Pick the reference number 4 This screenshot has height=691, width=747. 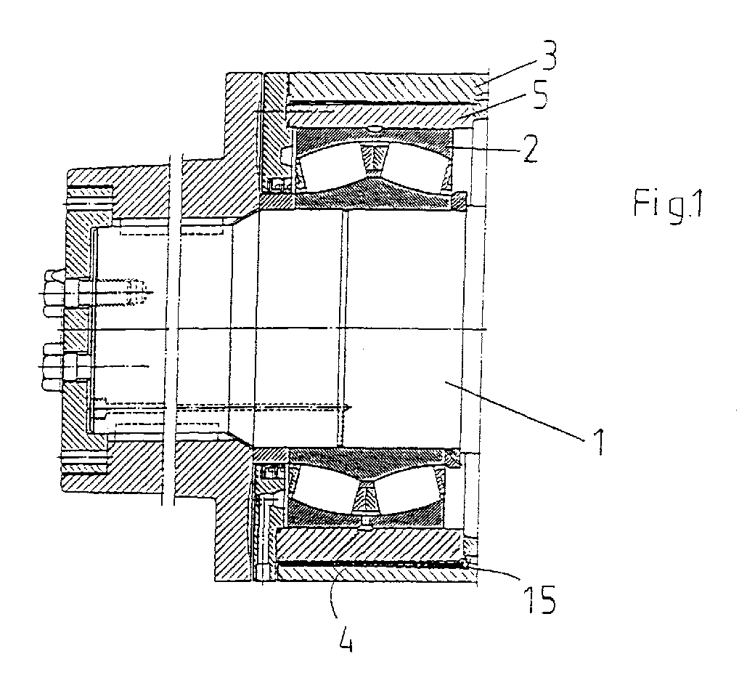point(347,637)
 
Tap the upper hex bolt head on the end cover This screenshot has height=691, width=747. point(53,293)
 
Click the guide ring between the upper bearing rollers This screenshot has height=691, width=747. point(373,158)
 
